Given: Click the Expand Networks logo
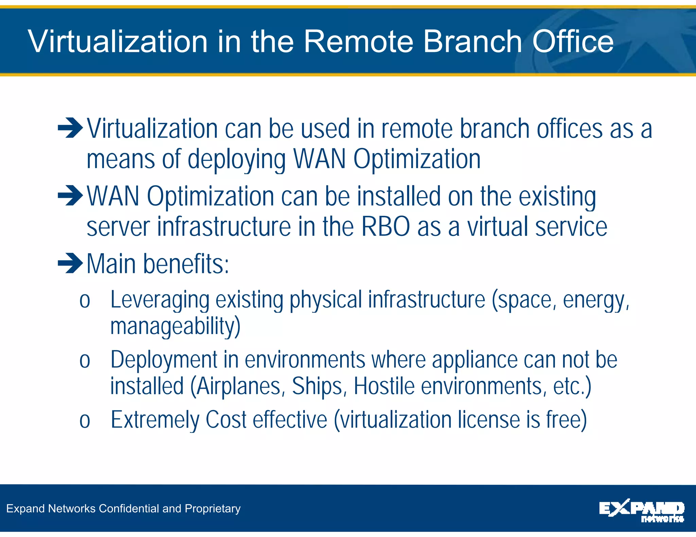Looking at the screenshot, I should point(641,510).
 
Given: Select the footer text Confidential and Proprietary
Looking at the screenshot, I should point(170,508).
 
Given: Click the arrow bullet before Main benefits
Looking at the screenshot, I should point(70,263).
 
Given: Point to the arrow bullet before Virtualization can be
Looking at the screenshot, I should point(70,128).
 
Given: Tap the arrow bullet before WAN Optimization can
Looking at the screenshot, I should point(70,196).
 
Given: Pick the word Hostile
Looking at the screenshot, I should point(384,386).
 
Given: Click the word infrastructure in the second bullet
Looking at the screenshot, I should point(224,227).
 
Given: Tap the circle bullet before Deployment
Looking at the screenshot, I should point(85,361).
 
